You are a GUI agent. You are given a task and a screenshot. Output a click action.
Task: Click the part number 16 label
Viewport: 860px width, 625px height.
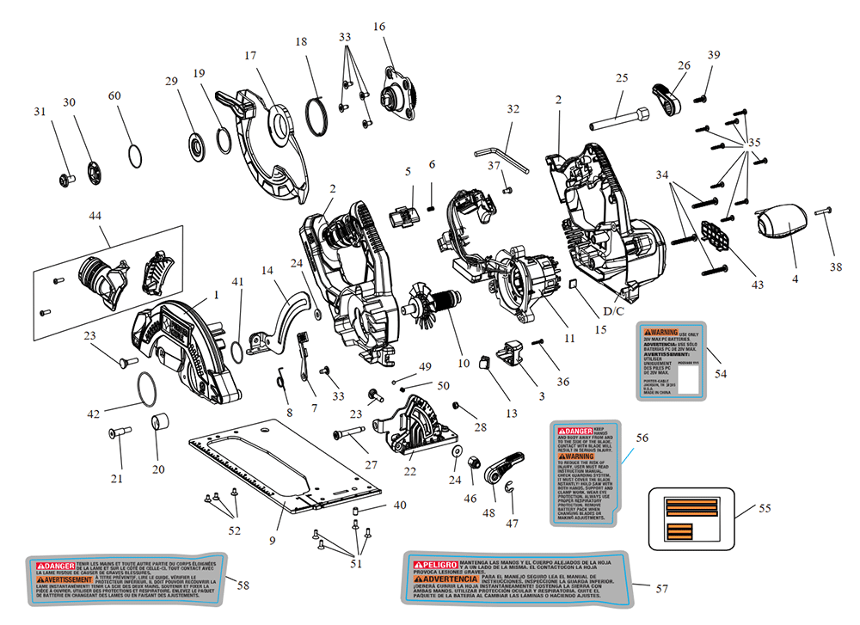click(x=379, y=27)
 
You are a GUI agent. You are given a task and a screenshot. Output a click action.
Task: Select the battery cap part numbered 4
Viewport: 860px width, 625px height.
click(x=783, y=225)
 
